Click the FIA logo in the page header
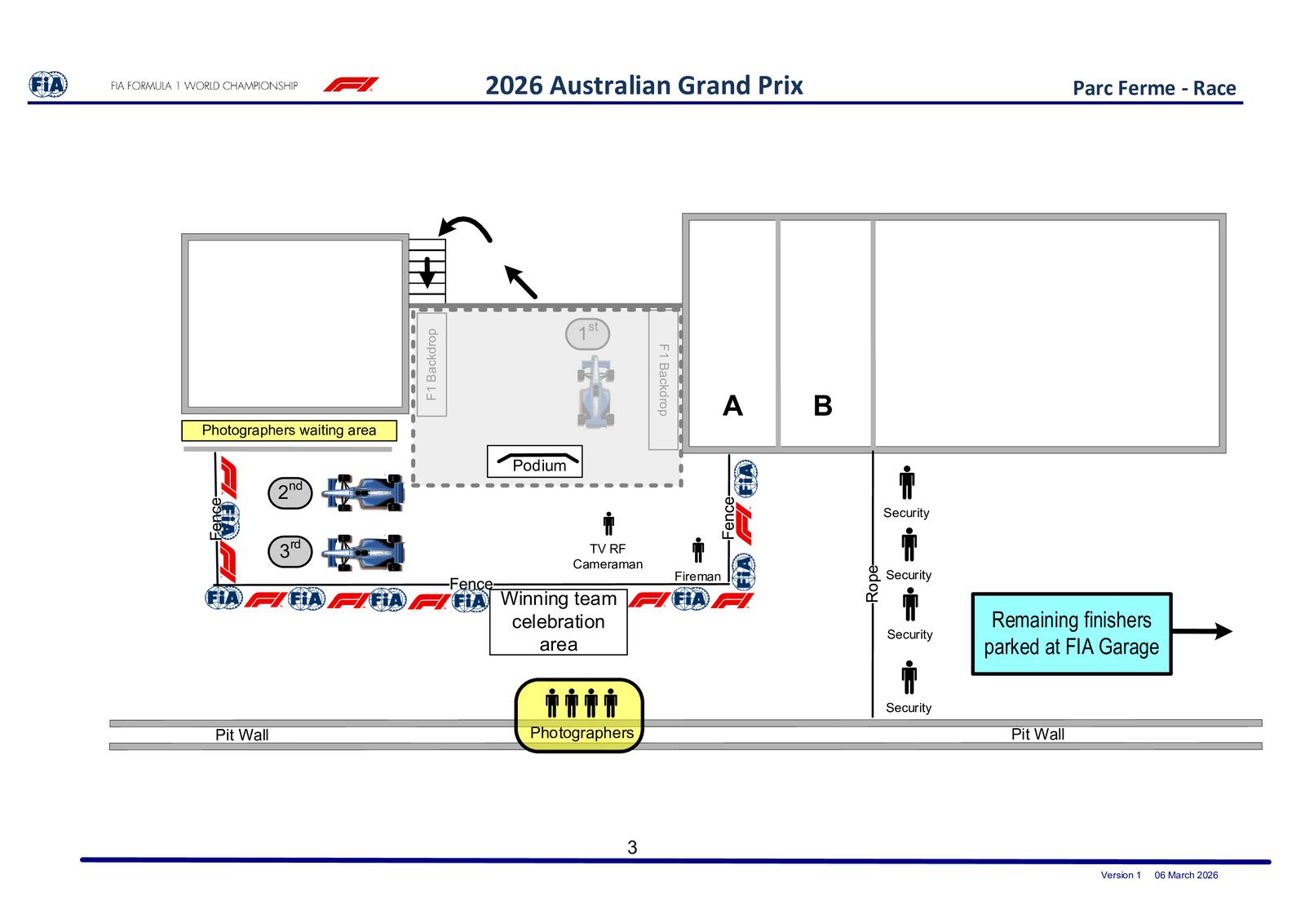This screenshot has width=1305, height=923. tap(48, 85)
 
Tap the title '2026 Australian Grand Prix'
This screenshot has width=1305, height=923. tap(644, 86)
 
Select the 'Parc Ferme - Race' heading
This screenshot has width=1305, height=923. tap(1153, 88)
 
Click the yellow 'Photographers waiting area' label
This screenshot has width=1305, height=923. tap(289, 431)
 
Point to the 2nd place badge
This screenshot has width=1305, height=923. tap(290, 492)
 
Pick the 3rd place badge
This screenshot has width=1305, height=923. tap(290, 551)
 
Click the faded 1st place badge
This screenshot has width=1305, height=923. tap(587, 333)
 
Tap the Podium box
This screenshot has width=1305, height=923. tap(535, 461)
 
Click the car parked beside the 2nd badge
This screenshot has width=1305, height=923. tap(365, 492)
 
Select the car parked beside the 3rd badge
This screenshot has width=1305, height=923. tap(365, 552)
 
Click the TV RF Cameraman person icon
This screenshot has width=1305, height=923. tap(608, 523)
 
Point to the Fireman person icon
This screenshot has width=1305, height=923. tap(698, 550)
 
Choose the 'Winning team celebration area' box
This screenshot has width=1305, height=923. tap(558, 622)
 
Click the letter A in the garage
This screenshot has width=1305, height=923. tap(732, 405)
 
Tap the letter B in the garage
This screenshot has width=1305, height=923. tap(823, 405)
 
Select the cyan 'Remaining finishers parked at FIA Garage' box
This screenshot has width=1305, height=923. tap(1072, 634)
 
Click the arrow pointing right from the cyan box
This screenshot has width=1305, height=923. tap(1202, 630)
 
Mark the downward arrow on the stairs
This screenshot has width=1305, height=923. tap(427, 272)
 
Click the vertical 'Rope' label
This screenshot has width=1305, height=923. tap(872, 584)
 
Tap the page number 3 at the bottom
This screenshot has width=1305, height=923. tap(632, 847)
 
